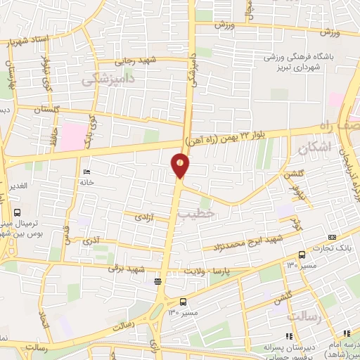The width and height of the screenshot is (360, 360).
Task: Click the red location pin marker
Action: point(181,167)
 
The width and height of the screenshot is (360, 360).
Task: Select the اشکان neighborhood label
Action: point(313,149)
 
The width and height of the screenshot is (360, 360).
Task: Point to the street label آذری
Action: point(91,240)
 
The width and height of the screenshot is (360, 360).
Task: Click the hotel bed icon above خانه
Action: point(87,172)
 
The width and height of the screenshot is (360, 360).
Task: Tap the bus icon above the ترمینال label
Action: point(17,211)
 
